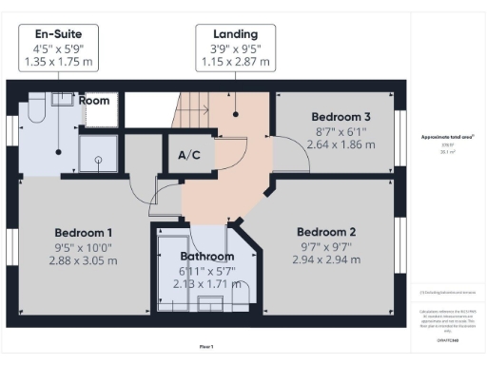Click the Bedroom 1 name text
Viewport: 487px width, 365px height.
point(84,233)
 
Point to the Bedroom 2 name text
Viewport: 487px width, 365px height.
point(326,232)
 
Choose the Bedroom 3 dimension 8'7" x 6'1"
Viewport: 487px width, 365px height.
point(341,130)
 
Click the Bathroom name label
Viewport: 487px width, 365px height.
point(207,257)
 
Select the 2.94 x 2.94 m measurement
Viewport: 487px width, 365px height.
point(326,259)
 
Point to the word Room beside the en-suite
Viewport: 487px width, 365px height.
point(94,100)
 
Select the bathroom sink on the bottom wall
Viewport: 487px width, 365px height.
point(208,303)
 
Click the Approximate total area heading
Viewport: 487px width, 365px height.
point(448,137)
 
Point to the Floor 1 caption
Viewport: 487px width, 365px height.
point(206,346)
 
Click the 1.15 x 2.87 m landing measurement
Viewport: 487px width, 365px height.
point(235,63)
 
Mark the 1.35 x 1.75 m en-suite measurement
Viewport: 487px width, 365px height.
point(59,63)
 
